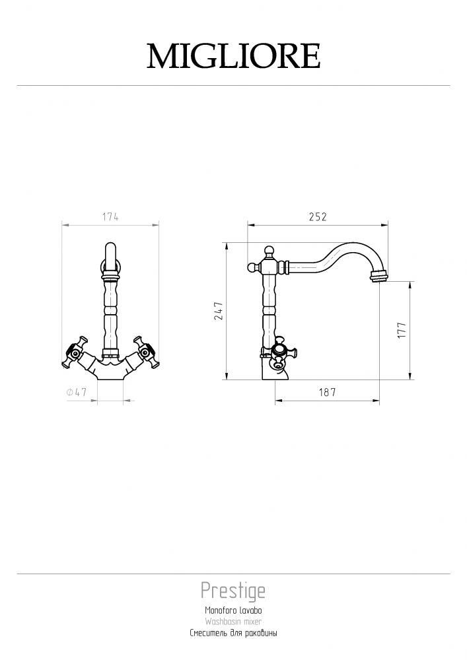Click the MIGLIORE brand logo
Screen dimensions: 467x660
pyautogui.click(x=233, y=56)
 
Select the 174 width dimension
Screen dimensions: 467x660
pyautogui.click(x=110, y=216)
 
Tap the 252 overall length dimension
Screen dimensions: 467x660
pyautogui.click(x=318, y=216)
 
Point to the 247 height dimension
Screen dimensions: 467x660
pyautogui.click(x=219, y=311)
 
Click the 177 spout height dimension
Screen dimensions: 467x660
pyautogui.click(x=402, y=330)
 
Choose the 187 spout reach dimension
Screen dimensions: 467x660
pyautogui.click(x=327, y=392)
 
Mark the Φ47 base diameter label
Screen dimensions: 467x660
pyautogui.click(x=76, y=392)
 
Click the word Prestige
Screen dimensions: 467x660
pyautogui.click(x=233, y=591)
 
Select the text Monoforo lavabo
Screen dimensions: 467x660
pyautogui.click(x=233, y=610)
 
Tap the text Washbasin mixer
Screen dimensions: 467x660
pyautogui.click(x=233, y=621)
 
